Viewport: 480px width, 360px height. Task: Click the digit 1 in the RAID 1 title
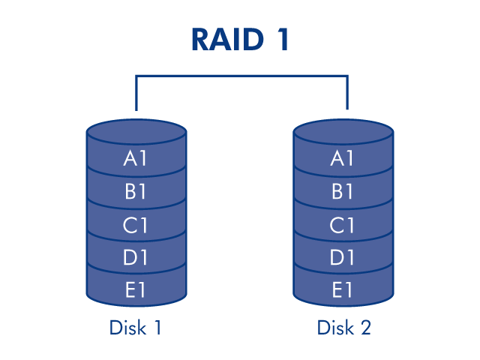(281, 40)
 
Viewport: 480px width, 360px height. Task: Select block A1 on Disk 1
(136, 159)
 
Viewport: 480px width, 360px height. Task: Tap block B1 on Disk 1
(136, 192)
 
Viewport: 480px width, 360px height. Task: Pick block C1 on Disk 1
(136, 225)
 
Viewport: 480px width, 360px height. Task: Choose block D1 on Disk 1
(136, 258)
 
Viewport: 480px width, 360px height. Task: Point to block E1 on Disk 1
(136, 290)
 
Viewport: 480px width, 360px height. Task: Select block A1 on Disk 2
(343, 159)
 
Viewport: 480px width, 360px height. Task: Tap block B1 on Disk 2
(343, 192)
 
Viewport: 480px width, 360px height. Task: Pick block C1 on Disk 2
(343, 225)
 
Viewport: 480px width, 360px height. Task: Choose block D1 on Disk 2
(343, 258)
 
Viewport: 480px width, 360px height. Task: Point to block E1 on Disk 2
(343, 290)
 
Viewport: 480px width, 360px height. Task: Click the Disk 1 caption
(136, 328)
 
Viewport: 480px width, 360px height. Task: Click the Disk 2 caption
(343, 328)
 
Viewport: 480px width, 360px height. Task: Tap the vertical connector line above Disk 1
(136, 94)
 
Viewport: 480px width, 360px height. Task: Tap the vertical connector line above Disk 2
(347, 94)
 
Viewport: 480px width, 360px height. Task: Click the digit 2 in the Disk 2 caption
(365, 328)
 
